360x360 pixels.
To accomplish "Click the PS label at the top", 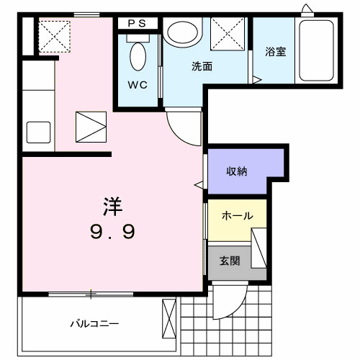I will (138, 23).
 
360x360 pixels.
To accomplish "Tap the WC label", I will (138, 85).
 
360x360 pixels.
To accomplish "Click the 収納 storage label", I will (238, 171).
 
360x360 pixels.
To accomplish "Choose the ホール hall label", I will (236, 216).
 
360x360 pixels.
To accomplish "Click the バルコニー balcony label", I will (94, 323).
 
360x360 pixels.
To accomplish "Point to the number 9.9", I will (112, 232).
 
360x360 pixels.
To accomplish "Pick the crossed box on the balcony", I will (169, 318).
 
